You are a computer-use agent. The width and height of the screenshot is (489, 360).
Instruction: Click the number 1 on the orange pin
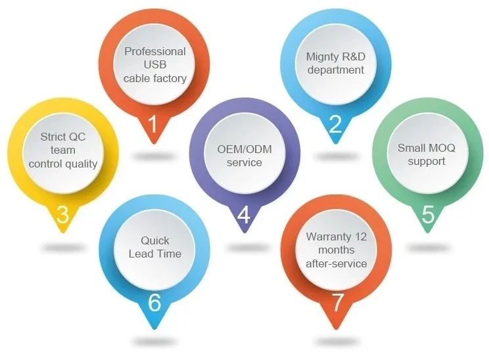coord(152,124)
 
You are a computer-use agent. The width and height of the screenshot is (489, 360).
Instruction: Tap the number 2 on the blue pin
coord(335,124)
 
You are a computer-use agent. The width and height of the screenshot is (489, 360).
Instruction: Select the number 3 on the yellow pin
coord(62,215)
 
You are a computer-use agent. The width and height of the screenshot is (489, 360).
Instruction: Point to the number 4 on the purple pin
coord(243,215)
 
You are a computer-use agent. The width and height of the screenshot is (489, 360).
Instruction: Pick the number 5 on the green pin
coord(428,215)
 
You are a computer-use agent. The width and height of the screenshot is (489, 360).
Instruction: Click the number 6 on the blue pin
coord(154,303)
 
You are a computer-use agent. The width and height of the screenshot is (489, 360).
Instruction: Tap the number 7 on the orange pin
coord(337,303)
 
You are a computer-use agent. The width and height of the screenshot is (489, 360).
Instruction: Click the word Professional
coord(155,51)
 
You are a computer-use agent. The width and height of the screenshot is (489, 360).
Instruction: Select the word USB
coord(155,64)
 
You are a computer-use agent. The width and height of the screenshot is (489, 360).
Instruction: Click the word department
coord(336,70)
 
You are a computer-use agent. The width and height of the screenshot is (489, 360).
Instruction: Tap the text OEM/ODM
coord(244,149)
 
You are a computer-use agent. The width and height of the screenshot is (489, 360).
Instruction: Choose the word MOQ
coord(440,148)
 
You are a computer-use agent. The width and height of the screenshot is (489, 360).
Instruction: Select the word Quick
coord(155,240)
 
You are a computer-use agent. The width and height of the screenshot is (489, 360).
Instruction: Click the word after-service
coord(337,263)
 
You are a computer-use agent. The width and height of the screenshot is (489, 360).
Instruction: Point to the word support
coord(427,161)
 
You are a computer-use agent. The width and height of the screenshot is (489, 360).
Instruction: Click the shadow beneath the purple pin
coord(244,248)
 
